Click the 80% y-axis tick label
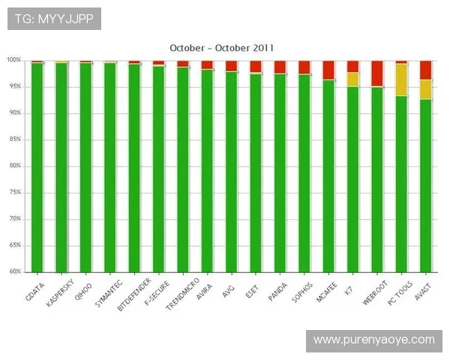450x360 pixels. tap(14, 166)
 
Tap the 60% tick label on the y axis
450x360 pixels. tap(14, 271)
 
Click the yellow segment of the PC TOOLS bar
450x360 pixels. tap(401, 79)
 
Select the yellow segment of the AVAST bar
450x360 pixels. tap(426, 89)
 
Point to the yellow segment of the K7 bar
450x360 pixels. tap(352, 79)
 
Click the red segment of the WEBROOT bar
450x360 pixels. tap(377, 73)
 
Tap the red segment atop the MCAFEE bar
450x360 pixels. tap(328, 70)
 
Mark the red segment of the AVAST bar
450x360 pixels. tap(426, 70)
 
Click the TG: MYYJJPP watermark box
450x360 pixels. tap(54, 19)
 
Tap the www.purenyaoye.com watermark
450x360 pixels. tap(373, 340)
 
